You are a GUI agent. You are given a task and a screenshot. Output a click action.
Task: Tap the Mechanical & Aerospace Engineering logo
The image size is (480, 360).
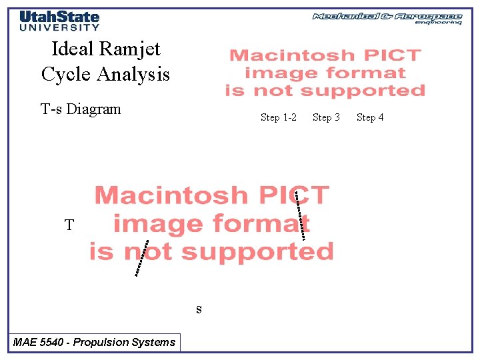point(387,18)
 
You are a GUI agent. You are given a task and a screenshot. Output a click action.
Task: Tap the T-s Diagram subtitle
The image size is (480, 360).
point(81,109)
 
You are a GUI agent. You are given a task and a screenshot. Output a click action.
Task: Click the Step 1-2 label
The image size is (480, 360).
point(279,117)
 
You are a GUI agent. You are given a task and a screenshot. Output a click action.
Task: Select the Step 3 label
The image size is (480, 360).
point(326,117)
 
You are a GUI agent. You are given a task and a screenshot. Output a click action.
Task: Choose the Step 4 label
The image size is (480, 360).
point(370,117)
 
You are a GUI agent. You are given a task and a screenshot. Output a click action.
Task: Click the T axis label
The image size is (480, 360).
point(69,225)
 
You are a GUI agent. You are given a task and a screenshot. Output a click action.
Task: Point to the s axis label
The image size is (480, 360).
point(199,309)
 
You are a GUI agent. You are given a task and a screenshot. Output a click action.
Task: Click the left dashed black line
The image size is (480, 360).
point(141,258)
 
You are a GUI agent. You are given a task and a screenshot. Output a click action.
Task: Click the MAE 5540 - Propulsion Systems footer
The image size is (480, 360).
point(94,343)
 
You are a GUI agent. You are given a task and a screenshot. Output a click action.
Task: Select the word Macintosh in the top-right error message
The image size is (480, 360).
point(291,56)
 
